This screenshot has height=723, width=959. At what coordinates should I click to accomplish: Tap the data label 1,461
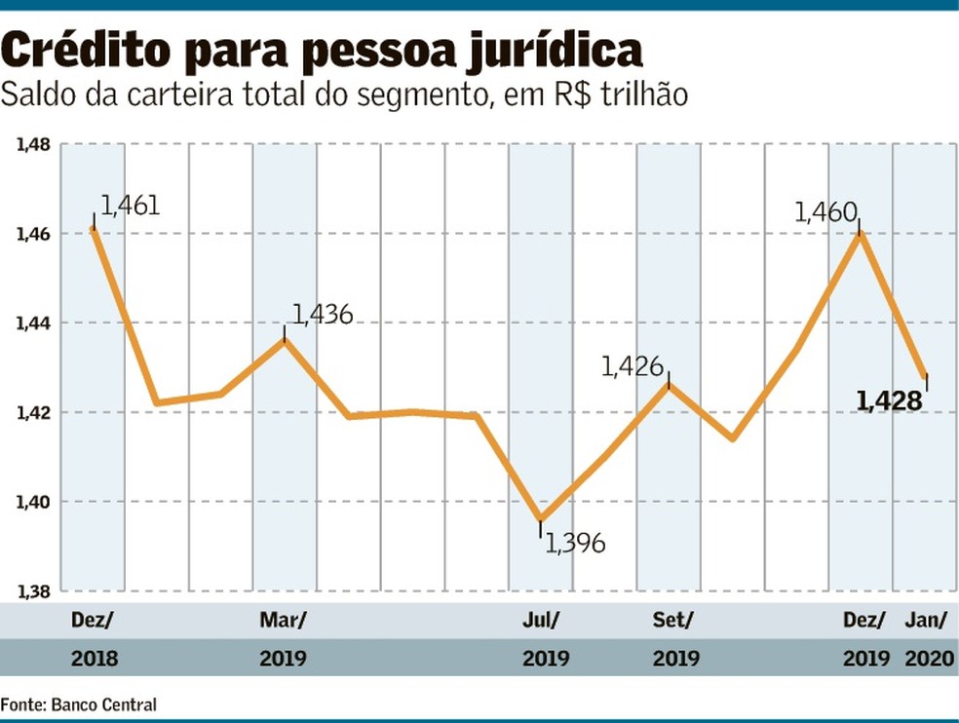coord(128,206)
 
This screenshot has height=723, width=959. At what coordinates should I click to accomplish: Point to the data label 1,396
coord(576,543)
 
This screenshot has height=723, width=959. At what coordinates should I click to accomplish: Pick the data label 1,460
coord(825,212)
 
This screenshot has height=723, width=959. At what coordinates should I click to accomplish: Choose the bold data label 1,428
coord(889,400)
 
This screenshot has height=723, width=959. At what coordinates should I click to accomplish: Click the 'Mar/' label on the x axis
coord(283,621)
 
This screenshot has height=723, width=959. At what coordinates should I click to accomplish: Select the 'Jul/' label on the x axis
coord(541,621)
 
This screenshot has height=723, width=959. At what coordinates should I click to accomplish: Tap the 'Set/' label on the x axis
coord(673,621)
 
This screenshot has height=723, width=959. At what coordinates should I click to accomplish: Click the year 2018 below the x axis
coord(95,659)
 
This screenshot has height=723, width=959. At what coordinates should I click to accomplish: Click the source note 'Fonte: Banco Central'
coord(78,704)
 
